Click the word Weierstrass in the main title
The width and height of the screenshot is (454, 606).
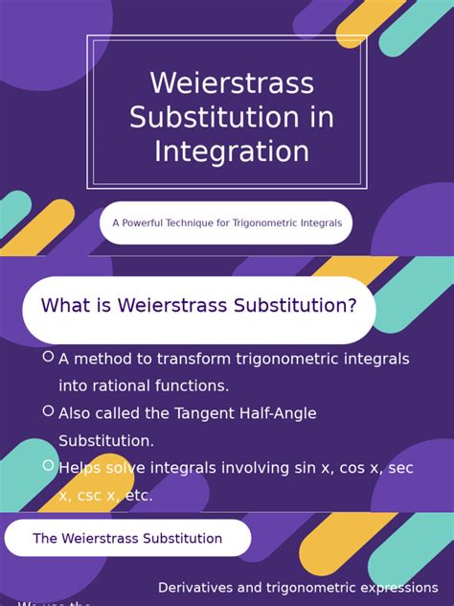click(x=232, y=83)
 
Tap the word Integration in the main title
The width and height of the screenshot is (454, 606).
click(x=232, y=151)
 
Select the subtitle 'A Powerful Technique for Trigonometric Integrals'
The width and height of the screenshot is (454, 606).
click(x=226, y=223)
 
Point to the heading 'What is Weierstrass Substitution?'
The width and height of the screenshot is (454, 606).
click(x=198, y=306)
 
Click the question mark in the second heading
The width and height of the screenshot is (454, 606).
click(x=352, y=306)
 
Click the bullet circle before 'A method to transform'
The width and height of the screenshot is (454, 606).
click(x=48, y=357)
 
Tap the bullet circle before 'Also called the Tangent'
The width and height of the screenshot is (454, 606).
click(x=48, y=410)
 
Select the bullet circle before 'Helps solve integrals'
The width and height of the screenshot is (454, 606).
click(x=48, y=465)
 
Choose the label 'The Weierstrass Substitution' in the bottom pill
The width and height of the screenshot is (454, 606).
click(x=127, y=539)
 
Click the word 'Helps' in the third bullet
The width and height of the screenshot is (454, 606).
click(x=81, y=468)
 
